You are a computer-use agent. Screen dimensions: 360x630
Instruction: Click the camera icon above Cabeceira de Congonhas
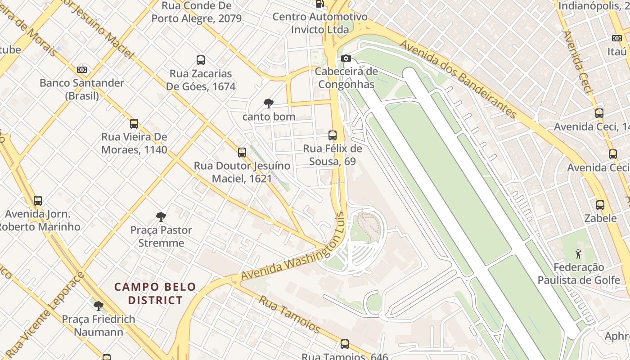coord(346,58)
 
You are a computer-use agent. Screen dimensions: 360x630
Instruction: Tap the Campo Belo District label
coord(155,293)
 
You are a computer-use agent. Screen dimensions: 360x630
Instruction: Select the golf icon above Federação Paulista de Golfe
coord(578,254)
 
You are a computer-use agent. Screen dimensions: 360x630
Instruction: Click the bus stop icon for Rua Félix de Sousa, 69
coord(333,135)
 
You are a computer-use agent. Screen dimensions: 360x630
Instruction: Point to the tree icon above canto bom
coord(269,103)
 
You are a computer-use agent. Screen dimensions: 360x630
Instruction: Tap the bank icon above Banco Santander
coord(81,70)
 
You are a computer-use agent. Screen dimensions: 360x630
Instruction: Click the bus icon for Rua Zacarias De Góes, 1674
coord(201,60)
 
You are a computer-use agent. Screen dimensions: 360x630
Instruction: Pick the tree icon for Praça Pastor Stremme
coord(161,217)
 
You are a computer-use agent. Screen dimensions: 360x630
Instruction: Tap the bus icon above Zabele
coord(600,205)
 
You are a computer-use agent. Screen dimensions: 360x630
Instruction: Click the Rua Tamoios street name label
coord(289,314)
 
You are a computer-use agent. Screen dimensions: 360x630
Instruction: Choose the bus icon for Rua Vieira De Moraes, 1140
coord(134,124)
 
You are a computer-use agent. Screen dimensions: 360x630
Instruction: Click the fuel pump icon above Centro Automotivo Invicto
coord(319,4)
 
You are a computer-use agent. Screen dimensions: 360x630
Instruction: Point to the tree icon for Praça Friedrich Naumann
coord(98,306)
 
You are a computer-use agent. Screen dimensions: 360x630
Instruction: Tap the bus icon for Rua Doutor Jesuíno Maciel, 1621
coord(242,153)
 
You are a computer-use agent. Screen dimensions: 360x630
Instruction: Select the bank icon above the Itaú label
coord(616,38)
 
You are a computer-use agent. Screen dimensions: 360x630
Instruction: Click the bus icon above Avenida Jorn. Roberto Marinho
coord(38,201)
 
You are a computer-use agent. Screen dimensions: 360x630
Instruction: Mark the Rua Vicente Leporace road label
coord(47,311)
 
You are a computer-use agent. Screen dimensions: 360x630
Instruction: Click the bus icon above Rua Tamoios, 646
coord(345,344)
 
